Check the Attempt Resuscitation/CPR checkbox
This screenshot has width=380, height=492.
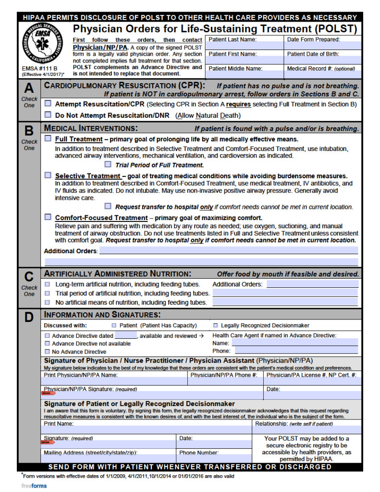pyautogui.click(x=48, y=103)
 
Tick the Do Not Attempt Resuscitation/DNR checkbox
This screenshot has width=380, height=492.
pyautogui.click(x=48, y=115)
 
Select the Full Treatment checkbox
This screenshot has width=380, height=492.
pyautogui.click(x=48, y=138)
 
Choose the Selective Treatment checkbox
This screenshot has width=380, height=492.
pyautogui.click(x=48, y=175)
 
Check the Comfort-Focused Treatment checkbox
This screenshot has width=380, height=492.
pyautogui.click(x=48, y=217)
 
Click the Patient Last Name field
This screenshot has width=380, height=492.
pyautogui.click(x=245, y=46)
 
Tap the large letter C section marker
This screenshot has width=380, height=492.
pyautogui.click(x=29, y=277)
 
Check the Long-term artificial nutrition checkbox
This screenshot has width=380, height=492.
pyautogui.click(x=47, y=284)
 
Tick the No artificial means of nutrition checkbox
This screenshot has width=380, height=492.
pyautogui.click(x=47, y=302)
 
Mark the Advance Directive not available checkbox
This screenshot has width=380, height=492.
pyautogui.click(x=47, y=344)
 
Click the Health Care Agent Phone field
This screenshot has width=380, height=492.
pyautogui.click(x=294, y=351)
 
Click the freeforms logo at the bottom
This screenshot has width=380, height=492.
pyautogui.click(x=34, y=486)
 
